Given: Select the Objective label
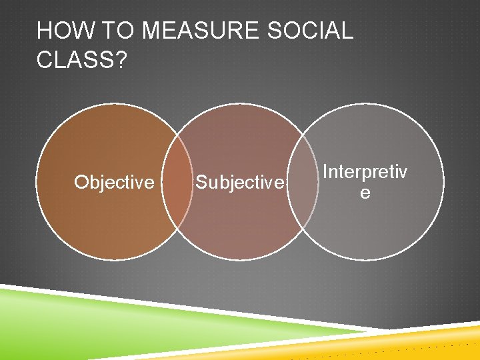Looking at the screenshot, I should [x=114, y=182].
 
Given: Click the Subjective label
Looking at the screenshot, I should [x=239, y=183].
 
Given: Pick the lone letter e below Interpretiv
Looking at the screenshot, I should [x=365, y=193].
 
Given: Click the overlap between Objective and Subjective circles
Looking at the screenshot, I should [x=178, y=181].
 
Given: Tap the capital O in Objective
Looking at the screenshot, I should [x=81, y=182].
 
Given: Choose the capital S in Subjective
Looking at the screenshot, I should [x=201, y=183].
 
